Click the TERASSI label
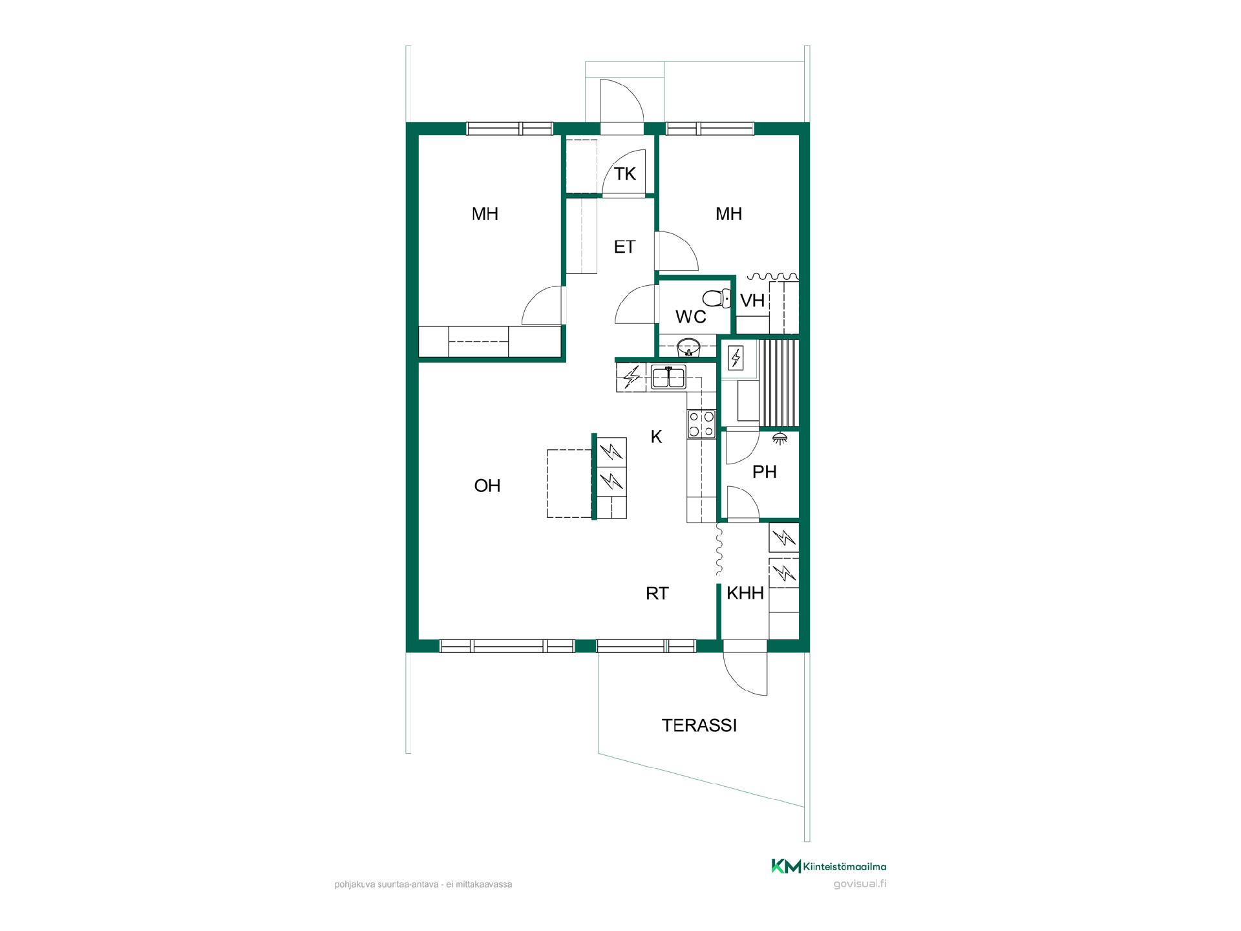[699, 725]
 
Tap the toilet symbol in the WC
[716, 298]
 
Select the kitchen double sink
[668, 376]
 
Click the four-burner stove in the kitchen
[701, 424]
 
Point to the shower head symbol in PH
[780, 438]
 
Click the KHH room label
[745, 593]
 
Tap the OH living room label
[487, 486]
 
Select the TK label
[625, 173]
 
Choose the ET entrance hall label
[624, 246]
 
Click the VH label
[752, 301]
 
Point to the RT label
[657, 594]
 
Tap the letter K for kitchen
[656, 437]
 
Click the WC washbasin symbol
[688, 347]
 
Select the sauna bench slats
[780, 384]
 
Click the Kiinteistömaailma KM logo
[786, 866]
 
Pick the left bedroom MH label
[485, 213]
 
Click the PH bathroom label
[764, 472]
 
